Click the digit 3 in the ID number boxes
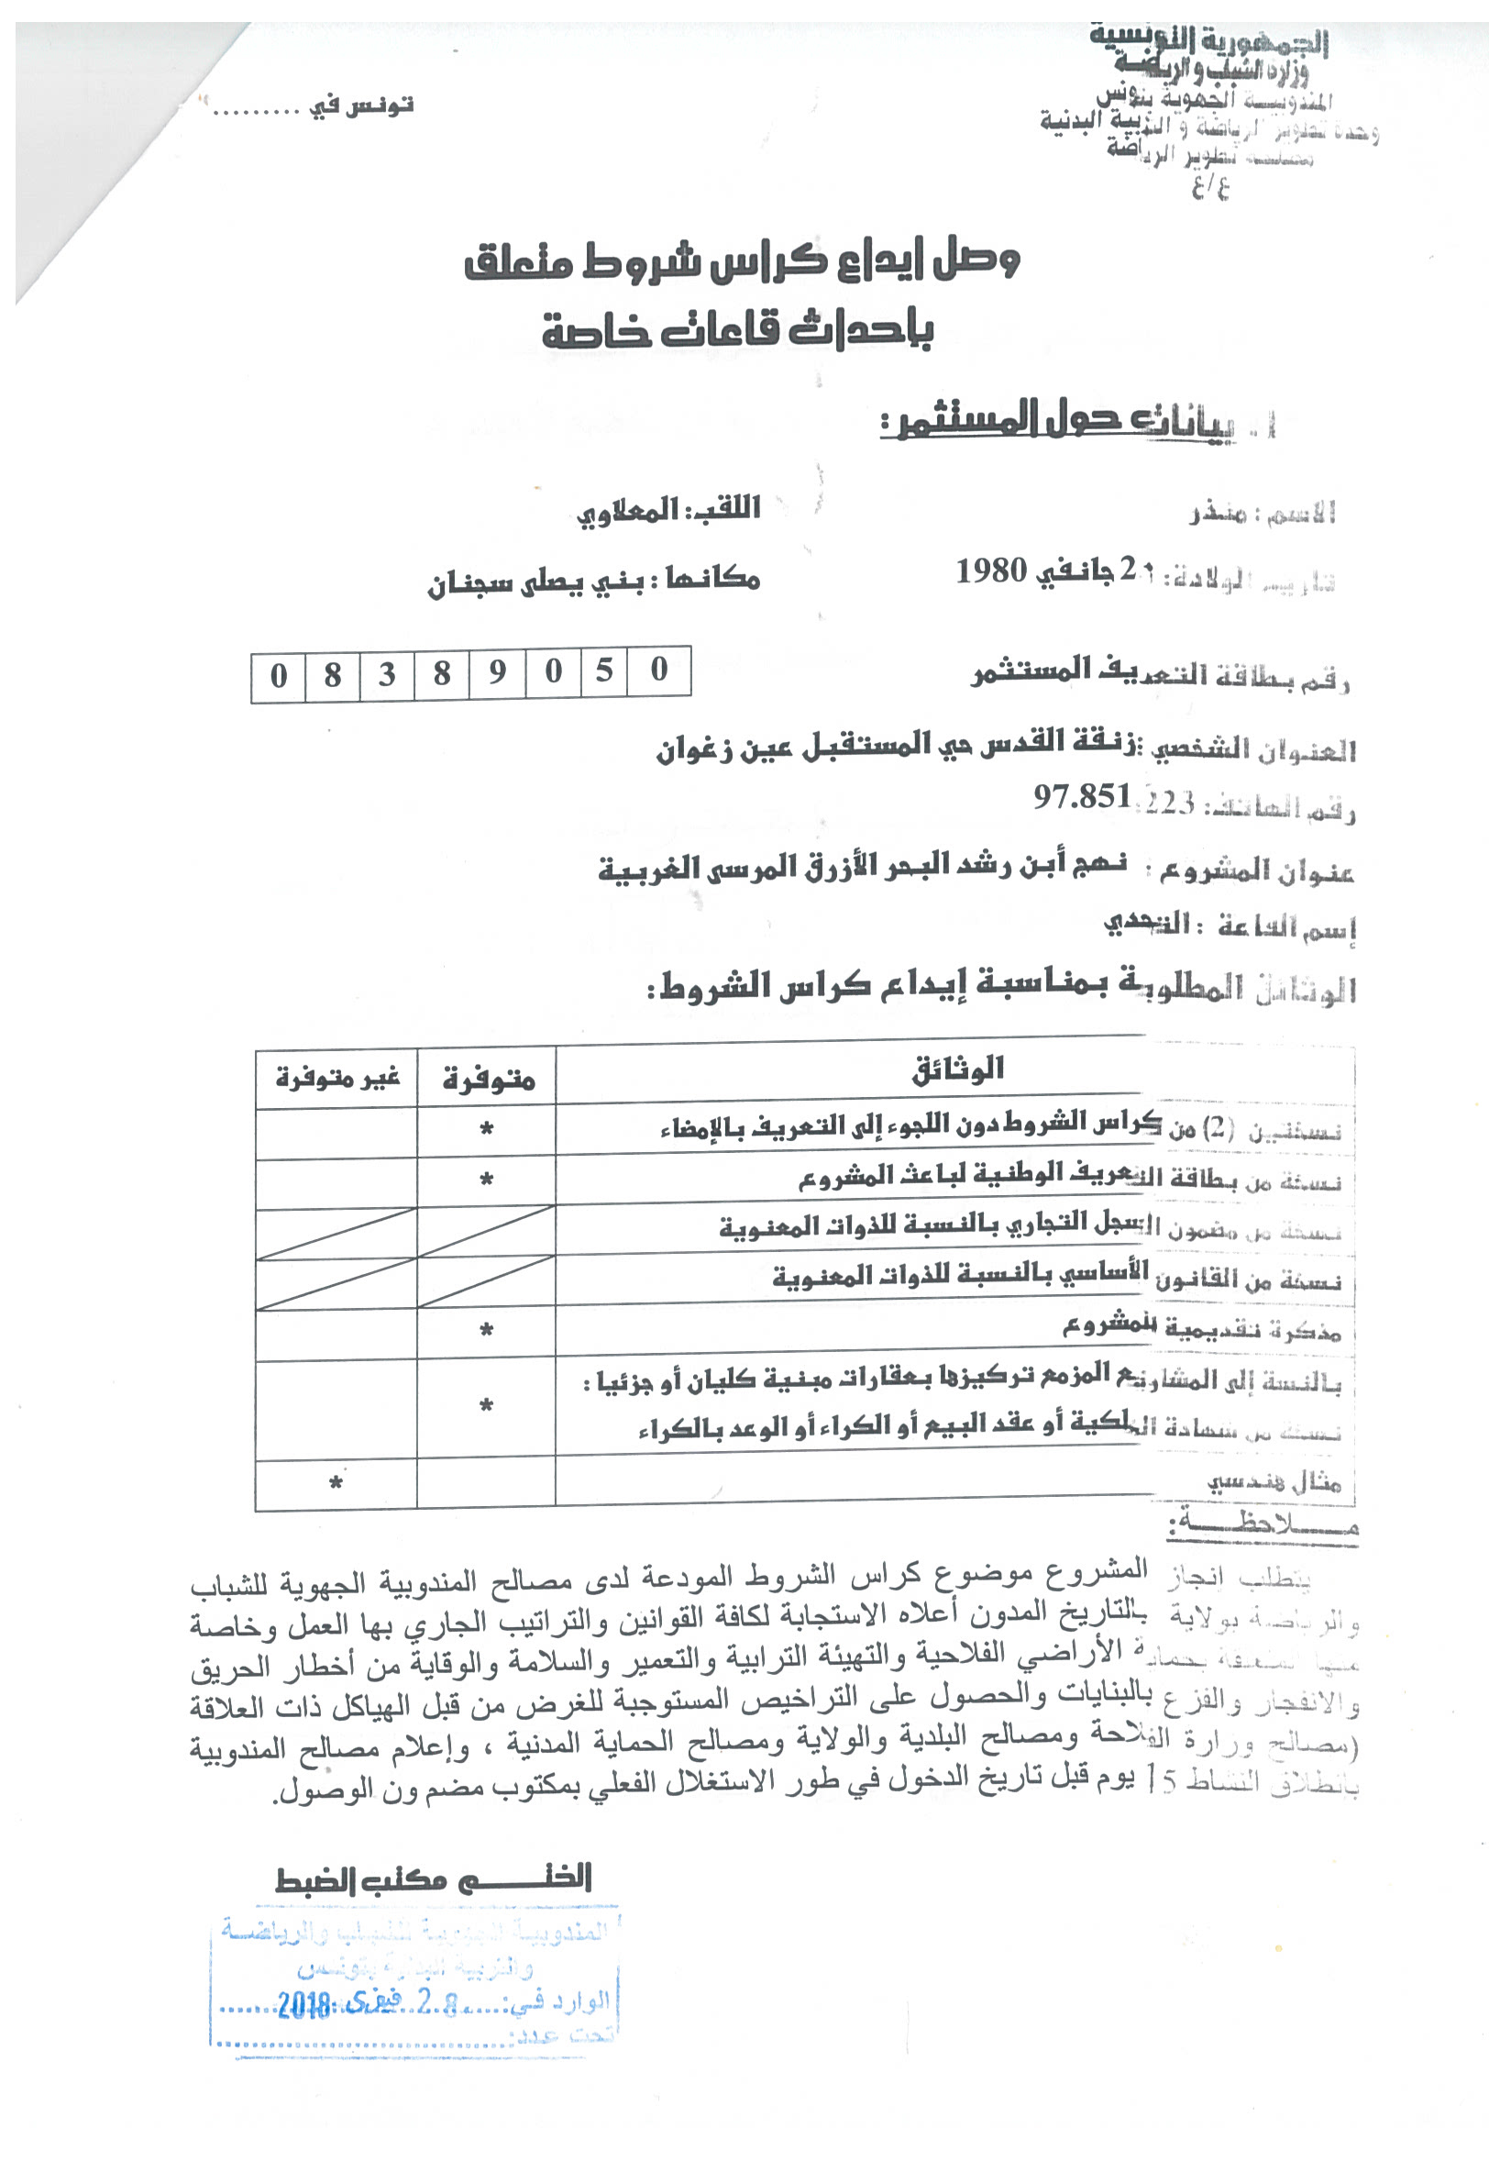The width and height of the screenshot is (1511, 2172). click(387, 675)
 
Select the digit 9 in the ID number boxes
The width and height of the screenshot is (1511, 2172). click(497, 673)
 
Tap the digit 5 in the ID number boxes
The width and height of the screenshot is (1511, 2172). click(604, 671)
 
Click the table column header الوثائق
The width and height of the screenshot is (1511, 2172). click(957, 1069)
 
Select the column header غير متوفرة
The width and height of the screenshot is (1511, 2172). click(337, 1078)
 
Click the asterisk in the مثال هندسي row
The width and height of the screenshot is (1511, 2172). click(336, 1483)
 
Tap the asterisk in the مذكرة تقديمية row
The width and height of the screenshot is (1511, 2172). click(486, 1331)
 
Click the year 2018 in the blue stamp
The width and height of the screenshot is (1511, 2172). click(303, 2003)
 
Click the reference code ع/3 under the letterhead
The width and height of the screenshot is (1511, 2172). click(1210, 187)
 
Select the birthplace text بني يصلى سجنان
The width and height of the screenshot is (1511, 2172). click(535, 582)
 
